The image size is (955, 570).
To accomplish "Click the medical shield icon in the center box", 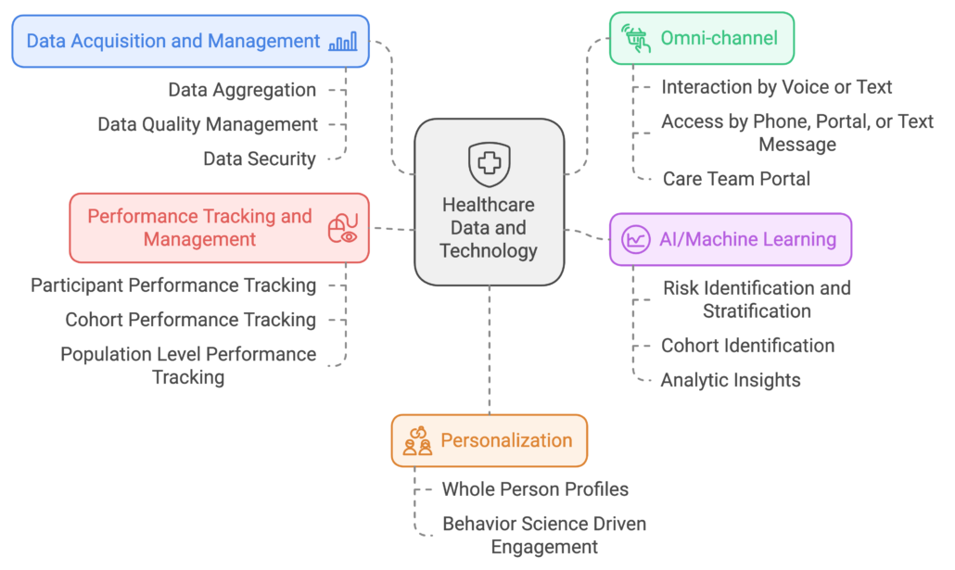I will [x=488, y=164].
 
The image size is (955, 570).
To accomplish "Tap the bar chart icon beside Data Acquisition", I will [x=342, y=41].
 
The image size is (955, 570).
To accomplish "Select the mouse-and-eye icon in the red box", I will [x=342, y=228].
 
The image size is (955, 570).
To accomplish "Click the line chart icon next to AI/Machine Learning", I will [x=636, y=239].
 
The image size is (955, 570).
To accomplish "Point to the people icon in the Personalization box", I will [x=417, y=441].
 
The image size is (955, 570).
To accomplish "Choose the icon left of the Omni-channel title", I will [x=636, y=38].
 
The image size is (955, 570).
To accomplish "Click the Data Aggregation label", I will [x=242, y=90].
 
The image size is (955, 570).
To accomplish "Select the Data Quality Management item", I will [x=208, y=124].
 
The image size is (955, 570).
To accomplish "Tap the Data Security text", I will [x=260, y=158].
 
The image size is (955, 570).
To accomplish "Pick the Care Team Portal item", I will [x=736, y=179].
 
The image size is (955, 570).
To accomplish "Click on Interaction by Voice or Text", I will [x=776, y=87].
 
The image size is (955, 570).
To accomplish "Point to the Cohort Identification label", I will [x=747, y=346].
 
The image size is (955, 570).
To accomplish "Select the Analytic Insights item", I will [x=731, y=380].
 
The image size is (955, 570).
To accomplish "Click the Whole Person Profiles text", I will [x=535, y=489].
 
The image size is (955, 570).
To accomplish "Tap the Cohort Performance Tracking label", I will [x=190, y=320].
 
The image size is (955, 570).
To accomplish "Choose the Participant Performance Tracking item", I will [x=173, y=285].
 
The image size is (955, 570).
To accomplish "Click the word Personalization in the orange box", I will [x=506, y=440].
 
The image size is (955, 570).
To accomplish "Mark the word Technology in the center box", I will [x=489, y=250].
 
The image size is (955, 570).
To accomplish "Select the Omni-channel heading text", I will [x=719, y=38].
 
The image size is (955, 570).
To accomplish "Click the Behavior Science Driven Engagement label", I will [x=544, y=536].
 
